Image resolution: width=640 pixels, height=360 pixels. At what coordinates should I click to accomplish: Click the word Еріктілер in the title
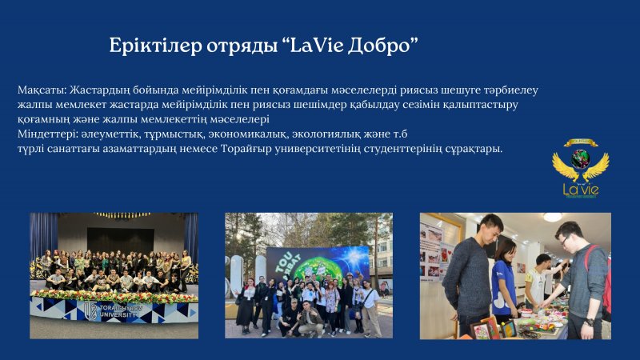(155, 46)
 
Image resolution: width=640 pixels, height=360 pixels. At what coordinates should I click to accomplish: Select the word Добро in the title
(383, 46)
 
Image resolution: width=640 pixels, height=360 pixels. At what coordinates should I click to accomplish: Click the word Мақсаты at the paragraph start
(42, 90)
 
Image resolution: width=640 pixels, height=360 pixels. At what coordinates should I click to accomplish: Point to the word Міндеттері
(47, 134)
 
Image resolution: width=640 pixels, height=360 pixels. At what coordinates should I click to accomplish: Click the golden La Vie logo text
(581, 189)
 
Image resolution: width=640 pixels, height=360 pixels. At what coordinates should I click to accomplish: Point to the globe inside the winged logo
(581, 158)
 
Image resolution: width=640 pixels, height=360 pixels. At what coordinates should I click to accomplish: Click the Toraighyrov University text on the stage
(118, 312)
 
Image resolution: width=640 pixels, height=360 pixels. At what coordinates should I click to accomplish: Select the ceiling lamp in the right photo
(553, 217)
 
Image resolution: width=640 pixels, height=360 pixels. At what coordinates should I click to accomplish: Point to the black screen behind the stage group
(121, 241)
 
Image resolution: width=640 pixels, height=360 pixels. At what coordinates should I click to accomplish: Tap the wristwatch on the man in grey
(589, 322)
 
